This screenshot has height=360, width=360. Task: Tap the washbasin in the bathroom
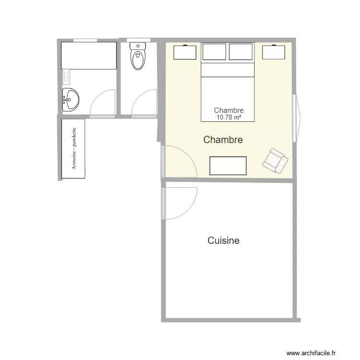tap(71, 100)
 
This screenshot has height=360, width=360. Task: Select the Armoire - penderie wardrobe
tap(73, 149)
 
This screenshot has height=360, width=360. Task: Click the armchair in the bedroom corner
tap(275, 160)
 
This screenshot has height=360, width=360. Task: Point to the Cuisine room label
tap(223, 240)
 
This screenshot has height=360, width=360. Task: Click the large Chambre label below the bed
tap(223, 140)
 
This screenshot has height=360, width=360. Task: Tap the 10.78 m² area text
tap(228, 117)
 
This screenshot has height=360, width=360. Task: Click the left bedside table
tap(185, 52)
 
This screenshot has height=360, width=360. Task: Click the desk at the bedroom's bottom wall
tap(228, 166)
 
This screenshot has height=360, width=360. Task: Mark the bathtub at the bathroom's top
tap(89, 55)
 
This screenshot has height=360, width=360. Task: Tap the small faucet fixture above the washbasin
tap(66, 76)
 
